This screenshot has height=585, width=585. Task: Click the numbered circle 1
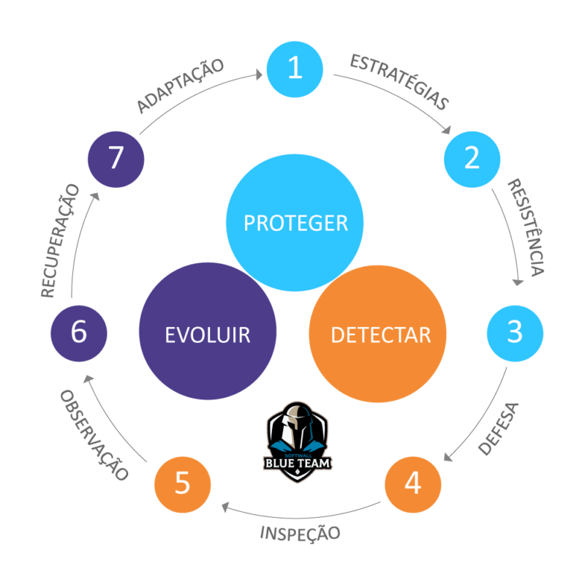coord(294,69)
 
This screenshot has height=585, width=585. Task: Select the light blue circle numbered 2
coord(472,158)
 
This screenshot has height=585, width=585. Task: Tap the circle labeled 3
coord(515,332)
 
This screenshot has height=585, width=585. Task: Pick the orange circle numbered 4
coord(413,483)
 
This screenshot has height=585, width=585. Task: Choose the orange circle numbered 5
coord(183,483)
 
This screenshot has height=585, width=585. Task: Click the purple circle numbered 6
coord(78,332)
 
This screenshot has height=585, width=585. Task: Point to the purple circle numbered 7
coord(116,159)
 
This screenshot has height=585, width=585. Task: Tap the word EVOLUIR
coord(208,335)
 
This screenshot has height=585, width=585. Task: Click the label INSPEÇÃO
coord(300,533)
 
